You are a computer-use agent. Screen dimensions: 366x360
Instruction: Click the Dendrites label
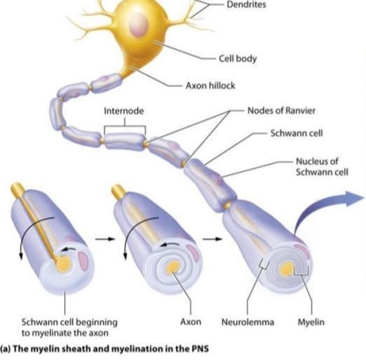click(246, 5)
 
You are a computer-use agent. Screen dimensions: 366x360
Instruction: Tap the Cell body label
click(238, 58)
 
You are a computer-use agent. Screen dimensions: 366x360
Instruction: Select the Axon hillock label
click(210, 86)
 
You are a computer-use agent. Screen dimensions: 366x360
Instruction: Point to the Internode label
click(123, 111)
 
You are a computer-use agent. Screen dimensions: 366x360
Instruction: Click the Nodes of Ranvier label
click(281, 110)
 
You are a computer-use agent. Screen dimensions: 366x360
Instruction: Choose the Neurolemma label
click(248, 322)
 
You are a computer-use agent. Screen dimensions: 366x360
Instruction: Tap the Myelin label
click(311, 322)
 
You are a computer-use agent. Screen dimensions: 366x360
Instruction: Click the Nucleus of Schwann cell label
click(322, 166)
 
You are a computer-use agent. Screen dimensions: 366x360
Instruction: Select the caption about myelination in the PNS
click(104, 349)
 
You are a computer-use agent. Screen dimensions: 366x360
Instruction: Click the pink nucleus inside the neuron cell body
click(139, 24)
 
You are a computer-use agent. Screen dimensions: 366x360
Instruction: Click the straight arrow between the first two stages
click(105, 239)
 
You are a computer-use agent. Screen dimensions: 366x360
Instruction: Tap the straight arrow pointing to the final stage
click(212, 239)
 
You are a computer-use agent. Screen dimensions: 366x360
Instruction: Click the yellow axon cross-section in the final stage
click(287, 269)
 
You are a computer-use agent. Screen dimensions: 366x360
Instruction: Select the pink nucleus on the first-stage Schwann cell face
click(83, 260)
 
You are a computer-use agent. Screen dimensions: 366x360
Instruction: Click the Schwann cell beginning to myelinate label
click(69, 328)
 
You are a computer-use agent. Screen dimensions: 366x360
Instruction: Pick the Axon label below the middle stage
click(191, 322)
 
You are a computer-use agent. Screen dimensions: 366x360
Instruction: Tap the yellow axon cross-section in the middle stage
click(172, 267)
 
